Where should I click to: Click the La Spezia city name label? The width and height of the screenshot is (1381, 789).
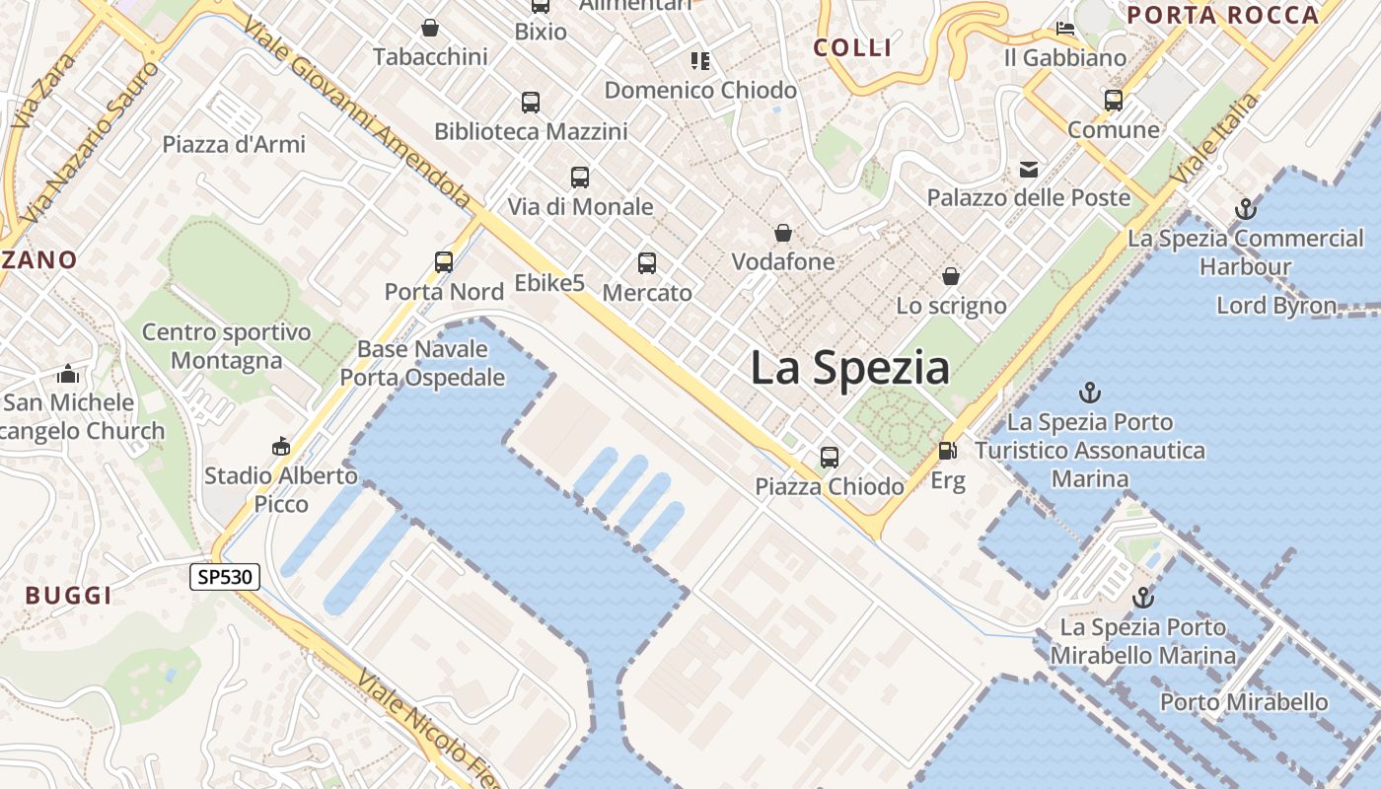(x=849, y=368)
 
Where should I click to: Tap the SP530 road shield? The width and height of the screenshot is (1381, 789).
(x=225, y=577)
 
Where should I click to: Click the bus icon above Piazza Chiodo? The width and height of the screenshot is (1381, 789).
(x=830, y=458)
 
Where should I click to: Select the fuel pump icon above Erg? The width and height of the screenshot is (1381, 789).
(x=947, y=452)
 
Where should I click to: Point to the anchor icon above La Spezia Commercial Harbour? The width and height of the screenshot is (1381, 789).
(x=1246, y=209)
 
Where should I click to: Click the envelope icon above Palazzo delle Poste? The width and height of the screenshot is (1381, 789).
(x=1029, y=170)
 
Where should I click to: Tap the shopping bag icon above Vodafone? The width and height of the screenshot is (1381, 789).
(x=783, y=234)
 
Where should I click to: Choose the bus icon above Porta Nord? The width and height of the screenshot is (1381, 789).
(x=444, y=262)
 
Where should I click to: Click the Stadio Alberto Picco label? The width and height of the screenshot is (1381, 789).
(x=280, y=489)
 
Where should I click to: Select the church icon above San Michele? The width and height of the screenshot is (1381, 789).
(x=68, y=374)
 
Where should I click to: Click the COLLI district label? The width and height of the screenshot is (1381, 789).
(x=852, y=47)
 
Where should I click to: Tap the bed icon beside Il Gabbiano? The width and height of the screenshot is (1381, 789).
(x=1065, y=29)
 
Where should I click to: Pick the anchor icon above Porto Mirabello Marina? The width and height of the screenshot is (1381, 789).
(x=1142, y=598)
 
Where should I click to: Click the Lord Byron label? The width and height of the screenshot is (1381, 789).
(x=1276, y=306)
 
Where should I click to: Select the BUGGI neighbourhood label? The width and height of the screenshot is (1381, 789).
(x=68, y=595)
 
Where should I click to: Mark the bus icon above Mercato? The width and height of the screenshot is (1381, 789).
(x=647, y=263)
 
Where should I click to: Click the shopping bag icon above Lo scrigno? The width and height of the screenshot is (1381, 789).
(x=951, y=277)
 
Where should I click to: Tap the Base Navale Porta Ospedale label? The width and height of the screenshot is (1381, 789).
(x=422, y=363)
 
